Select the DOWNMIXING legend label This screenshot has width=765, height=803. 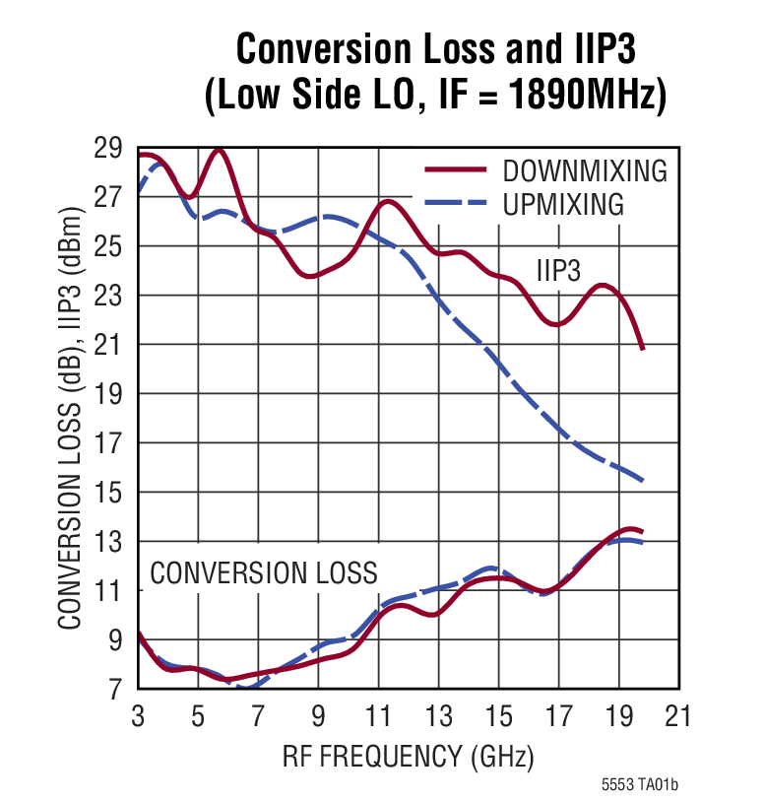click(x=584, y=170)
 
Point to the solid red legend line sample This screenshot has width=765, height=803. click(x=456, y=169)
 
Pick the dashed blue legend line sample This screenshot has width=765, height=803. click(x=456, y=204)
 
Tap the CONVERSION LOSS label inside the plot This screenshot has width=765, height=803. click(x=263, y=572)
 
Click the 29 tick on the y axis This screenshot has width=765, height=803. click(x=107, y=149)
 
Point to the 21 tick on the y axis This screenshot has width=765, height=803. click(x=107, y=345)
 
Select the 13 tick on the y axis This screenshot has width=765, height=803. click(x=107, y=542)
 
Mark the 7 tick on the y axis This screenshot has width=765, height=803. click(x=114, y=690)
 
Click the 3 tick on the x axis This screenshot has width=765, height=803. click(x=138, y=716)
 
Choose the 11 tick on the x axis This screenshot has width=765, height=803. click(x=378, y=716)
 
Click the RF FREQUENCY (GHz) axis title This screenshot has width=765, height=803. click(x=408, y=757)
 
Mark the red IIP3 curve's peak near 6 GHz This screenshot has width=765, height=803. click(x=219, y=151)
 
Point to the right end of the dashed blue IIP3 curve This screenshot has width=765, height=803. click(x=643, y=481)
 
